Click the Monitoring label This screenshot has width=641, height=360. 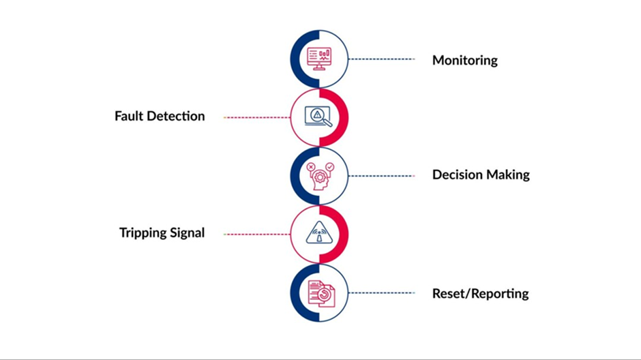pos(465,61)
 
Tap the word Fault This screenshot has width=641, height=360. pos(129,116)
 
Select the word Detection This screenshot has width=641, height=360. pos(176,116)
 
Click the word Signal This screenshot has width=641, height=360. pos(188,233)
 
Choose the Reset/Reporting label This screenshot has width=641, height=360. pos(480,294)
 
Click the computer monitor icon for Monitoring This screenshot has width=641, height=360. pos(319,59)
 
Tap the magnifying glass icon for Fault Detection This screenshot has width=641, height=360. pos(318,117)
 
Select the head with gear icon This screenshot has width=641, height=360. pos(320,177)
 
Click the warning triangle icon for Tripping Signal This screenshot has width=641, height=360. pos(319,233)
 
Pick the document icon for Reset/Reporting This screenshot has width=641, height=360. pos(321,293)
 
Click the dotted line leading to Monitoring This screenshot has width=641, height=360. pos(381,59)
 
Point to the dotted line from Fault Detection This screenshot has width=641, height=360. pos(256,117)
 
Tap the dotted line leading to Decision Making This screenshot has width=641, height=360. pos(381,176)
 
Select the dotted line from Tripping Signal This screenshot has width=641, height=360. pos(256,234)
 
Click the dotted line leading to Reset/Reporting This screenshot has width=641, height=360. pos(381,293)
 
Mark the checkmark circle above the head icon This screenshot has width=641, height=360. pos(330,167)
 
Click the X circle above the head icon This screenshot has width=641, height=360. pos(311,167)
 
